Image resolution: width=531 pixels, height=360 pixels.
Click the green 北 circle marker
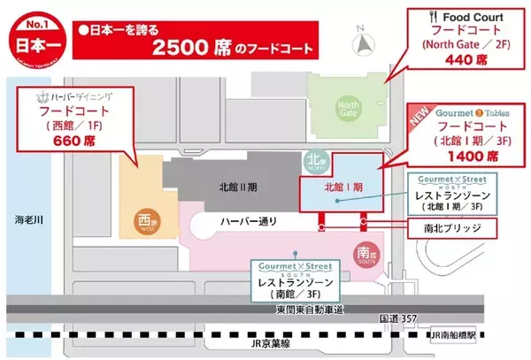[311, 163]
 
